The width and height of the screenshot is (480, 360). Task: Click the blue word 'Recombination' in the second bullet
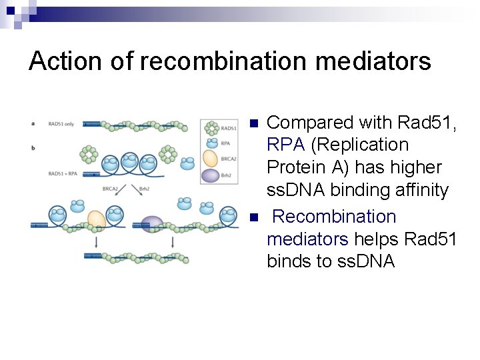point(335,217)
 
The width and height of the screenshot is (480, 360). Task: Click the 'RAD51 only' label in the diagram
point(62,123)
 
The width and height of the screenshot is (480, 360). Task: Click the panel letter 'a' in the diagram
point(34,123)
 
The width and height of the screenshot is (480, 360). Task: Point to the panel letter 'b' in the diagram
point(34,146)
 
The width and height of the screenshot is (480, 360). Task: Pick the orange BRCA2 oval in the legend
point(210,159)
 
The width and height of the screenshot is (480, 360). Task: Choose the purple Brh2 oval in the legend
point(210,175)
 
